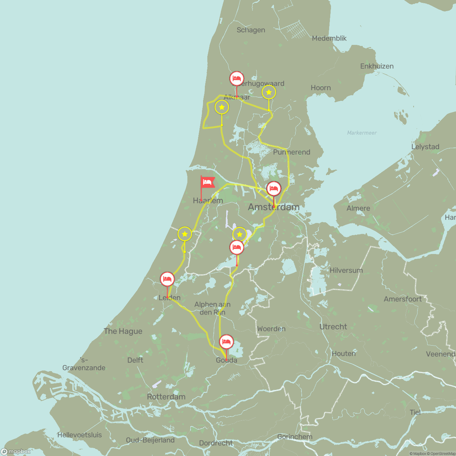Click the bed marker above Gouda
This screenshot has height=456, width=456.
click(x=226, y=342)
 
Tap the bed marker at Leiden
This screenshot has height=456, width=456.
click(x=167, y=279)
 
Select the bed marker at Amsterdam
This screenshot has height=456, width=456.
click(x=274, y=189)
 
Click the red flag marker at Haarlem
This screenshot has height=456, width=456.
click(x=207, y=182)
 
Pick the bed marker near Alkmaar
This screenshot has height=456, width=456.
click(x=237, y=79)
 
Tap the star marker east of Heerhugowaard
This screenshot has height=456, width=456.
click(x=269, y=92)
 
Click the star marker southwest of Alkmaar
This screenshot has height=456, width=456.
click(x=222, y=107)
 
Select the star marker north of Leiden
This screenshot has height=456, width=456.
click(x=185, y=234)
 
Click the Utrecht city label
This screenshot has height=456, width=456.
click(x=333, y=327)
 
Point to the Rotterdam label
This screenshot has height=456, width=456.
click(x=166, y=397)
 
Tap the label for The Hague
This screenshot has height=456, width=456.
click(x=123, y=331)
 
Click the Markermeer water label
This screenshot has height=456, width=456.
click(x=362, y=133)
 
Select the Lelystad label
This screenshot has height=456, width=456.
click(x=425, y=147)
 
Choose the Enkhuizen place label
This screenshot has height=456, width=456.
click(x=377, y=66)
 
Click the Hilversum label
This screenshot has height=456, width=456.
click(x=346, y=270)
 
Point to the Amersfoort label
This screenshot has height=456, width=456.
click(x=403, y=299)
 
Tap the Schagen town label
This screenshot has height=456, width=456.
click(x=251, y=30)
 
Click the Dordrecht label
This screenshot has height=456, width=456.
click(x=216, y=443)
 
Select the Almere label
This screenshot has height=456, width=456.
click(x=358, y=208)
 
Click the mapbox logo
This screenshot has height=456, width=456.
click(x=16, y=451)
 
